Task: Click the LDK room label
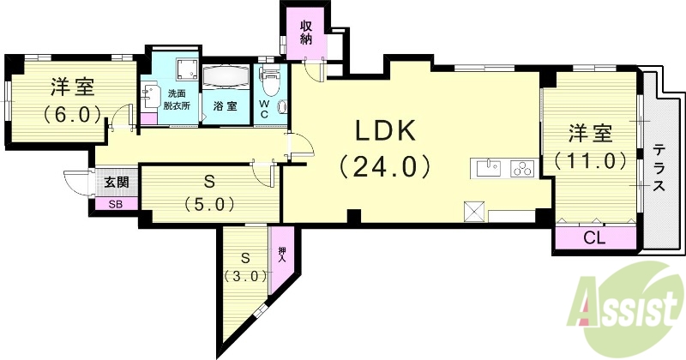(386, 132)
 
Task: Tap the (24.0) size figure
(385, 165)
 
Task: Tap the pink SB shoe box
(115, 203)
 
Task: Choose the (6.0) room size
(72, 112)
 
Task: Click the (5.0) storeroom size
(209, 204)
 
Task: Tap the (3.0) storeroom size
(246, 276)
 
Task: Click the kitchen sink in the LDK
(487, 167)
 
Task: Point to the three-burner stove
(521, 168)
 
